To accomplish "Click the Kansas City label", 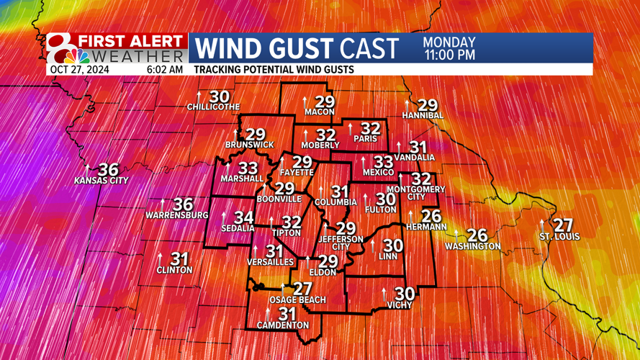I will [101, 181].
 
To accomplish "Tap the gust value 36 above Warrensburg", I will [183, 205].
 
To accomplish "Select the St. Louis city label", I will [559, 236].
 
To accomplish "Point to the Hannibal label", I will [423, 116].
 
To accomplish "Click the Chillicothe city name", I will [213, 107].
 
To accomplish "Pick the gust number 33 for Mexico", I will [384, 163].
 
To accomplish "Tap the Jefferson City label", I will [341, 243].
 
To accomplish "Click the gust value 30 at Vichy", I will [405, 294].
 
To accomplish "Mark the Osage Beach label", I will [297, 300].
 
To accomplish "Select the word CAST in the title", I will [369, 49].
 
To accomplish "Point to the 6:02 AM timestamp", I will [164, 70].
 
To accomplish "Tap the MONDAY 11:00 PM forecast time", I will [449, 48].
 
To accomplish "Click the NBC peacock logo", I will [76, 55].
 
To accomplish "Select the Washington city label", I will [472, 246].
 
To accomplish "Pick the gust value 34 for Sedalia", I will [243, 217].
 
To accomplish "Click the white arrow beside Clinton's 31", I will [160, 258].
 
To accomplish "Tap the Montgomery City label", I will [425, 193].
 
